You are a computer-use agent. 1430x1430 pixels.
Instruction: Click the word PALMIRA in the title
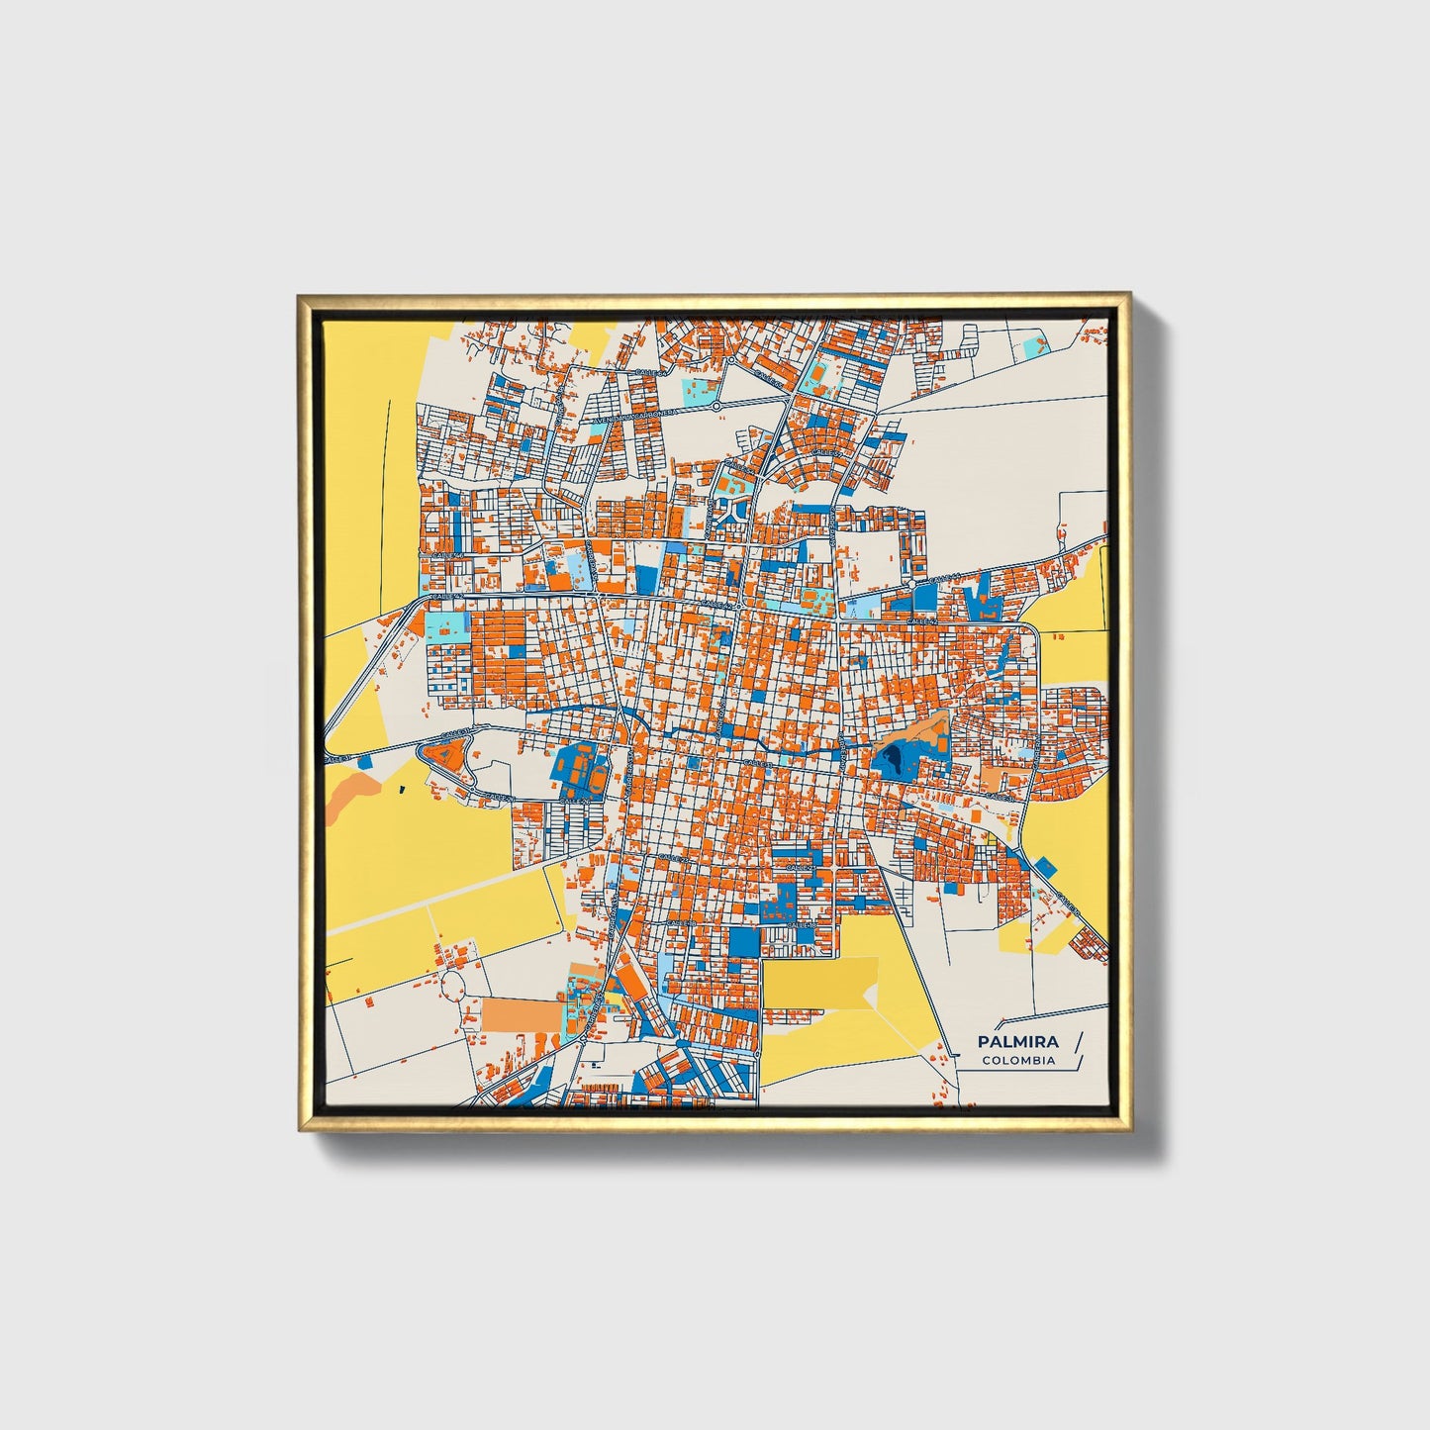pyautogui.click(x=1017, y=1041)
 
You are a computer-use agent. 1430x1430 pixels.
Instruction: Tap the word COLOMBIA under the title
pyautogui.click(x=1018, y=1061)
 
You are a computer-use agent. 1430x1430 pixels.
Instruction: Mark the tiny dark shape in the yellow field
pyautogui.click(x=402, y=790)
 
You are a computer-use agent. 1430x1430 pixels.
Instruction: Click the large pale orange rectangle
pyautogui.click(x=521, y=1015)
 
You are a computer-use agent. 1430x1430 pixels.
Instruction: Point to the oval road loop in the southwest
pyautogui.click(x=452, y=985)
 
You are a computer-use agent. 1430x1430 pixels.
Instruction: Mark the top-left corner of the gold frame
pyautogui.click(x=298, y=294)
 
